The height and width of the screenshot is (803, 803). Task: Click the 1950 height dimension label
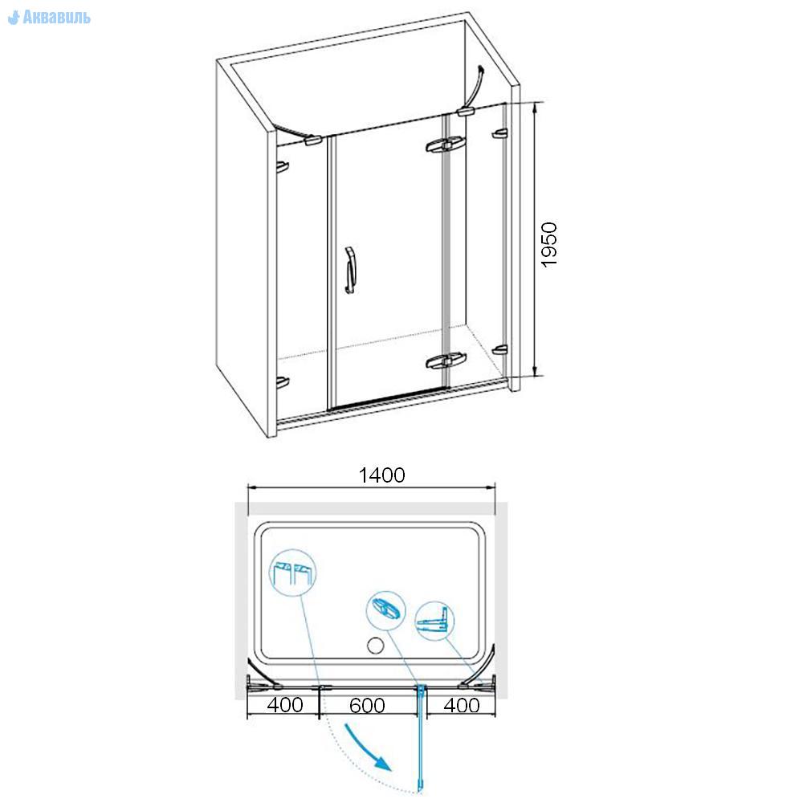coord(549,245)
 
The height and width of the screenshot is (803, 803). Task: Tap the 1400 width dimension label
coord(381,475)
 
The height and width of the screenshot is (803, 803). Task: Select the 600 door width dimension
coord(367,706)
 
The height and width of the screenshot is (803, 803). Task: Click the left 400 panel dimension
coord(285,705)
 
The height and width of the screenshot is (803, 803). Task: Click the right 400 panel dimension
coord(462,705)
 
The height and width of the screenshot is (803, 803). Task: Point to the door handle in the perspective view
coord(350,271)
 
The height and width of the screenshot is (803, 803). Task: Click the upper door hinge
coord(446,145)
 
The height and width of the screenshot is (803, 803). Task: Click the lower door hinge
coord(446,361)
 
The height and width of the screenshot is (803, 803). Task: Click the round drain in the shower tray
coord(375,646)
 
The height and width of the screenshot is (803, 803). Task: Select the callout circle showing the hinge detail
coord(386,610)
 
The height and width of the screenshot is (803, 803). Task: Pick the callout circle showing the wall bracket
coord(434,622)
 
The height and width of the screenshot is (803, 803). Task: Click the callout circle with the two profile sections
coord(292,573)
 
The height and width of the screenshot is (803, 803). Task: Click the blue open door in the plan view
coord(422,738)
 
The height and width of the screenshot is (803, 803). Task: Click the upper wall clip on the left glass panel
coord(283,167)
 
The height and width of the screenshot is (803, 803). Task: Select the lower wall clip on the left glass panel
coord(283,382)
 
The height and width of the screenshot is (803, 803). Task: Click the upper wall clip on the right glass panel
coord(499,133)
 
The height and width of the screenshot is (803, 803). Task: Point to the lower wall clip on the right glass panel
coord(499,350)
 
